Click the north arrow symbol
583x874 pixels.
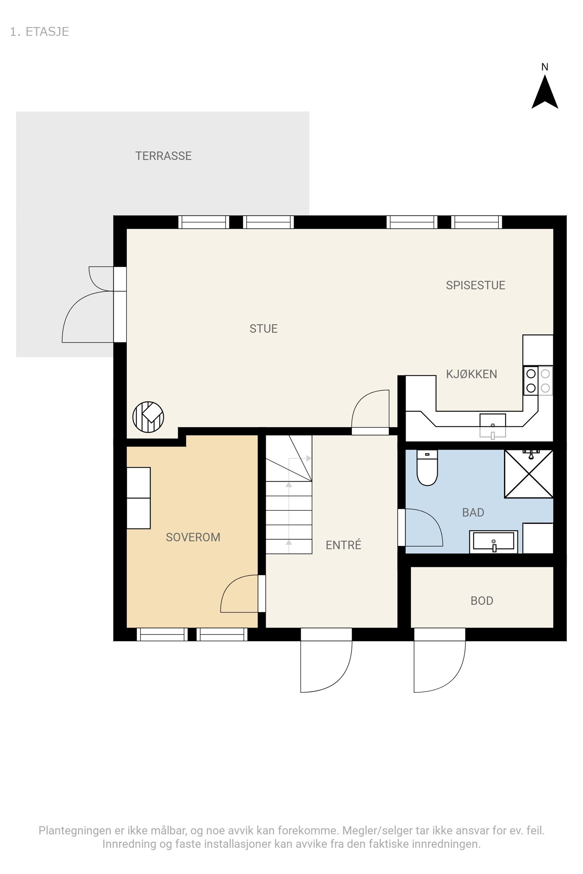pos(545,92)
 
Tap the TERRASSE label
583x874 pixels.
pos(163,156)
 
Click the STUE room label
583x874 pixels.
pos(263,328)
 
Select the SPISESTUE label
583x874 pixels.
pos(475,285)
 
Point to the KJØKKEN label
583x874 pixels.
pos(471,374)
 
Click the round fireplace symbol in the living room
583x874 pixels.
pos(148,417)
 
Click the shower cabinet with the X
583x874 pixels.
pos(528,474)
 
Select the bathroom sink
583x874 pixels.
pos(493,542)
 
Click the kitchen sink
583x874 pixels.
pos(492,425)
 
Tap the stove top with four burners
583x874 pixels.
pos(538,381)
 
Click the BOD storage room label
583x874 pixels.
pos(481,601)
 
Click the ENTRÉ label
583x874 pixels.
pos(343,545)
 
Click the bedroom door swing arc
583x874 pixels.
pos(238,595)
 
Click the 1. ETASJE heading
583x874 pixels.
pos(39,32)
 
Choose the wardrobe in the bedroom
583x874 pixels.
pos(138,497)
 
